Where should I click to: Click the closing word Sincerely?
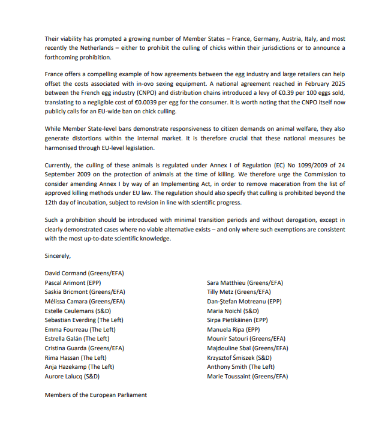coord(58,255)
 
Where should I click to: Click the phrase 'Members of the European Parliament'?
coord(96,395)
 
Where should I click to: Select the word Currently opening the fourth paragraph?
coord(59,164)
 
